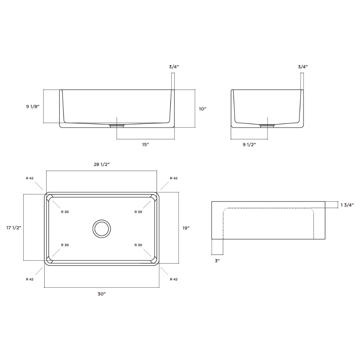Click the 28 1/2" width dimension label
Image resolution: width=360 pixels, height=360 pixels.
102,165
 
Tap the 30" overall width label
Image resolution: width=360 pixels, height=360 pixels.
102,294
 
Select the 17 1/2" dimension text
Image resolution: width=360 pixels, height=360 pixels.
14,228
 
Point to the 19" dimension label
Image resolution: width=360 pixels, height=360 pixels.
186,228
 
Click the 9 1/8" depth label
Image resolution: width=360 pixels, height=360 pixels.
33,107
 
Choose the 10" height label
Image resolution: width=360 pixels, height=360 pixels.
202,109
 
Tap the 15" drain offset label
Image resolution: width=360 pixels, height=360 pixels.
145,145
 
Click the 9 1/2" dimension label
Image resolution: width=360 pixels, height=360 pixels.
249,145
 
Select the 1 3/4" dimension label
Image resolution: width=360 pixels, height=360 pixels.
347,205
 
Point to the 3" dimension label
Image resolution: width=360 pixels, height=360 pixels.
217,261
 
